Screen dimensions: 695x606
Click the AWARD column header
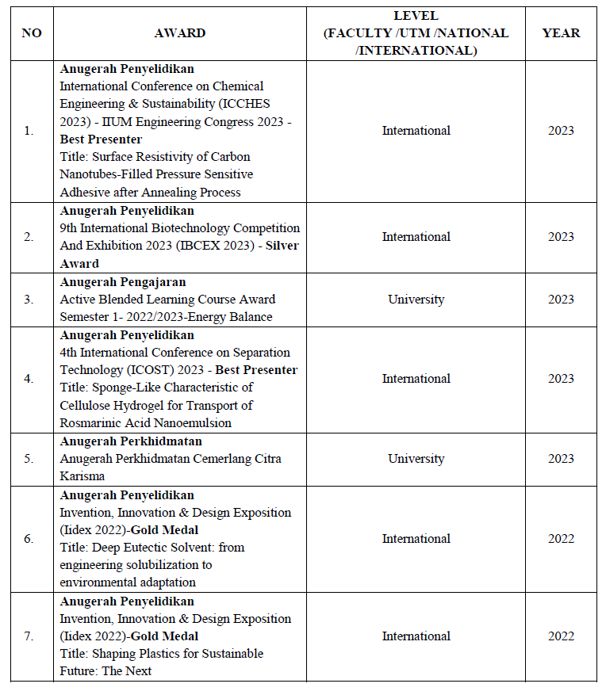pyautogui.click(x=180, y=33)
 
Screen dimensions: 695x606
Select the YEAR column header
pyautogui.click(x=561, y=33)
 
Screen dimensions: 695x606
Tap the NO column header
pyautogui.click(x=31, y=33)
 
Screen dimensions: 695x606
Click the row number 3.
pyautogui.click(x=29, y=300)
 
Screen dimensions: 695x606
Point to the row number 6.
pyautogui.click(x=29, y=539)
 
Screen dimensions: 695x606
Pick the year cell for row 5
pyautogui.click(x=561, y=459)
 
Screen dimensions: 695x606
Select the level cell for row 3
pyautogui.click(x=416, y=300)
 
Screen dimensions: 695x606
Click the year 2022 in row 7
pyautogui.click(x=561, y=636)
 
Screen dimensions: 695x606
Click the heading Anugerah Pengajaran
pyautogui.click(x=123, y=282)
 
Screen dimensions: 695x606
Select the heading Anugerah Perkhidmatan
pyautogui.click(x=131, y=441)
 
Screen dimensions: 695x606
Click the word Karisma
pyautogui.click(x=82, y=476)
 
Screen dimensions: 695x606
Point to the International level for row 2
pyautogui.click(x=416, y=237)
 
